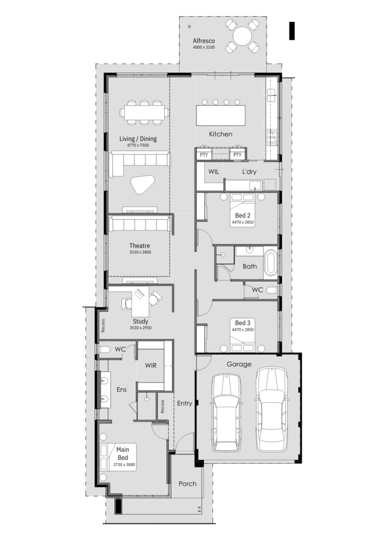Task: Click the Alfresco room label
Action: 203,41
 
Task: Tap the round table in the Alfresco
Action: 242,36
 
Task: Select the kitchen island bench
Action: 221,115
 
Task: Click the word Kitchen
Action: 220,134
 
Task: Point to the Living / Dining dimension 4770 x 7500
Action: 138,145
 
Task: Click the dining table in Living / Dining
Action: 144,112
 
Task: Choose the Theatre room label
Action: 139,246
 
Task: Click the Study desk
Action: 140,301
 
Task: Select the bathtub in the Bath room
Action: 271,263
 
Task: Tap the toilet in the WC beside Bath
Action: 272,290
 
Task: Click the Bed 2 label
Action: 243,215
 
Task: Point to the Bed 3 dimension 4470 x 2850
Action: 243,330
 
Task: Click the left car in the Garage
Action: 226,413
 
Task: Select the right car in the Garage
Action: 272,409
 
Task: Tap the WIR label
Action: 151,365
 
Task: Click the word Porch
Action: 188,484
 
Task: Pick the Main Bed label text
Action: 123,453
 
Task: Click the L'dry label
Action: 249,172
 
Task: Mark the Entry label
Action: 184,403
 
